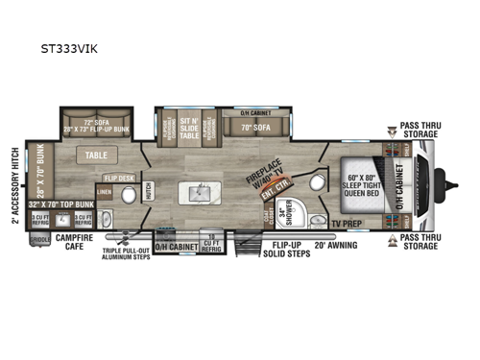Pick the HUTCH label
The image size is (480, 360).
click(148, 192)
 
